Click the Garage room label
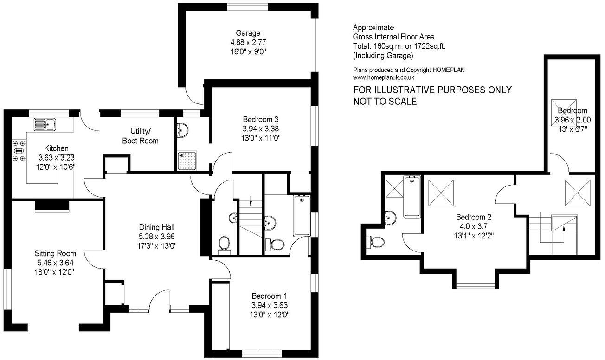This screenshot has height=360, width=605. point(248,33)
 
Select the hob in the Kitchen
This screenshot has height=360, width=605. point(19,151)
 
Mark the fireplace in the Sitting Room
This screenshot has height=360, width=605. point(51,206)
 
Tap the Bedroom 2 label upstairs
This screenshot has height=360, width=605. point(473,217)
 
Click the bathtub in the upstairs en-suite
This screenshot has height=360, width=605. point(412,196)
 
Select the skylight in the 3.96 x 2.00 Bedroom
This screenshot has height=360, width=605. point(565,111)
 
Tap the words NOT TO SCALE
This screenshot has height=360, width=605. point(385,102)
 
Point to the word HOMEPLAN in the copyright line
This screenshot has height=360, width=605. point(449,70)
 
